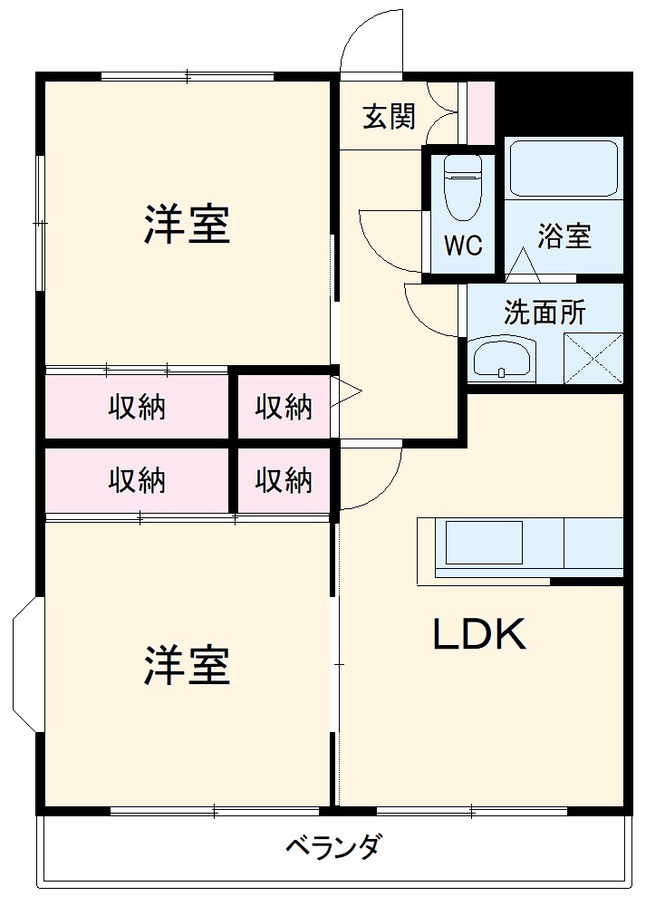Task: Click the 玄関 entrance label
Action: [389, 116]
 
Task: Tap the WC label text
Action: [463, 246]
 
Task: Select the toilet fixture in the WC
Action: [463, 188]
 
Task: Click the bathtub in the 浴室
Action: [564, 169]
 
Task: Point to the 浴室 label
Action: [564, 236]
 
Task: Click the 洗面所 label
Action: [545, 313]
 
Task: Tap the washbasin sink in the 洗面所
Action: [502, 359]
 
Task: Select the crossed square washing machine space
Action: [593, 358]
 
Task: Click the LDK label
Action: [479, 634]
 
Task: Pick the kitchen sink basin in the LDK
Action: [484, 543]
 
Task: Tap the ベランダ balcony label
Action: [333, 847]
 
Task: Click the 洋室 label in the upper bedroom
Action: [187, 224]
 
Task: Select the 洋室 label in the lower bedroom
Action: [187, 665]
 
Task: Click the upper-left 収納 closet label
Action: [137, 408]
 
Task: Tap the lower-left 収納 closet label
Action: [137, 480]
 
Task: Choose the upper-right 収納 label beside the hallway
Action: [284, 408]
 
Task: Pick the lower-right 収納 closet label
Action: [284, 480]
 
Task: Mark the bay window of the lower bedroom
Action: [27, 664]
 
